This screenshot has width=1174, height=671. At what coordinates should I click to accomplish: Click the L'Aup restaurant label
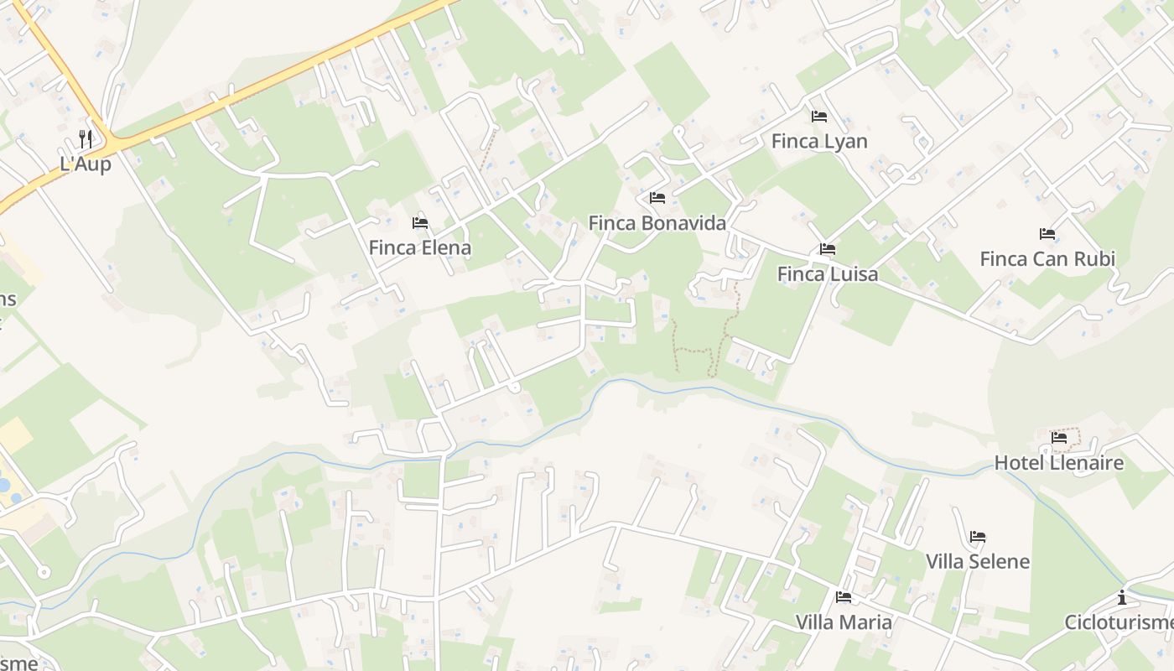pyautogui.click(x=86, y=164)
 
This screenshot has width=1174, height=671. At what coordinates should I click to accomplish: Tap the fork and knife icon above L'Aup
pyautogui.click(x=86, y=138)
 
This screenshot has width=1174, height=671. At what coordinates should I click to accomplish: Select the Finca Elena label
pyautogui.click(x=420, y=248)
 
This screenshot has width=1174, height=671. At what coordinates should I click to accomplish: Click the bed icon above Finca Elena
pyautogui.click(x=420, y=223)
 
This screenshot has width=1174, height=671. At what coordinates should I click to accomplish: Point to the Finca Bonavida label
pyautogui.click(x=657, y=223)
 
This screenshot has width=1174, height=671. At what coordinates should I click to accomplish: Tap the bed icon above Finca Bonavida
pyautogui.click(x=657, y=198)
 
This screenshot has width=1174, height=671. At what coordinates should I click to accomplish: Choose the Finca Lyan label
pyautogui.click(x=819, y=141)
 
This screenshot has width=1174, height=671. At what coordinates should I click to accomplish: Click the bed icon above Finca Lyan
pyautogui.click(x=819, y=117)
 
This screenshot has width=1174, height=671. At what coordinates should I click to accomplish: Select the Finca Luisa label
pyautogui.click(x=828, y=274)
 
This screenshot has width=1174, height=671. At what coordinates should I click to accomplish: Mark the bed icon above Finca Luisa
pyautogui.click(x=828, y=249)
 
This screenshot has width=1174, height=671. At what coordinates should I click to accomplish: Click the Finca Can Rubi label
pyautogui.click(x=1047, y=258)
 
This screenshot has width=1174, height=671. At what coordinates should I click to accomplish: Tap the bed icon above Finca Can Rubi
pyautogui.click(x=1047, y=234)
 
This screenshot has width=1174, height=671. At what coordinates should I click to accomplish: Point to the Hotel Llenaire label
pyautogui.click(x=1059, y=463)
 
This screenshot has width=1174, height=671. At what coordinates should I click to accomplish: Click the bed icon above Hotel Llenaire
pyautogui.click(x=1059, y=438)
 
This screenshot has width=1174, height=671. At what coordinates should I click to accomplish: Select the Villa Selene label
pyautogui.click(x=978, y=561)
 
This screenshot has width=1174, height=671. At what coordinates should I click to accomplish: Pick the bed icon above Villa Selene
pyautogui.click(x=978, y=537)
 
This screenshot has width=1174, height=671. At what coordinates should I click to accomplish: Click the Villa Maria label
pyautogui.click(x=844, y=622)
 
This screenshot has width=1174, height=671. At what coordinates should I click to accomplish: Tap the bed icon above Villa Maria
pyautogui.click(x=844, y=597)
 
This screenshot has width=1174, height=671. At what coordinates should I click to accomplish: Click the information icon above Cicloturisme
pyautogui.click(x=1122, y=597)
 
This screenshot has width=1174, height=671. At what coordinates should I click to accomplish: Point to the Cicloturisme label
pyautogui.click(x=1119, y=622)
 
